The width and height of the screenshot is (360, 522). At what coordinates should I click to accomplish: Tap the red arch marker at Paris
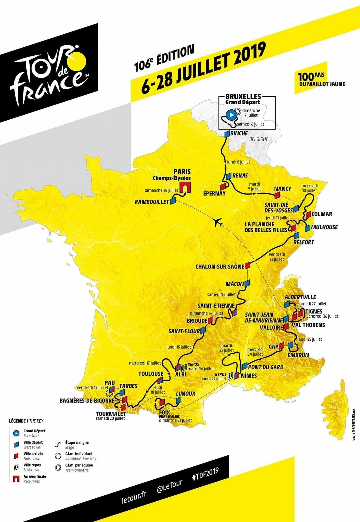[x=185, y=187]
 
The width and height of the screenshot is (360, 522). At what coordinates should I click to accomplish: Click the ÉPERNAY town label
[x=214, y=194]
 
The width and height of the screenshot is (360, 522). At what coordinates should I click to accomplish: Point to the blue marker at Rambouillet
[x=173, y=201]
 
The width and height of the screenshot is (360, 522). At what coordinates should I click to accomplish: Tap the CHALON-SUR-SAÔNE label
[x=220, y=267]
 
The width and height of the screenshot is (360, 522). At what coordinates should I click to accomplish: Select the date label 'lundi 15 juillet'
[x=179, y=347]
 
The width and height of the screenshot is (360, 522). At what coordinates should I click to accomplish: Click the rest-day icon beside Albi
[x=184, y=367]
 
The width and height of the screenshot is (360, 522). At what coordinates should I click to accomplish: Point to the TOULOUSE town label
[x=151, y=374]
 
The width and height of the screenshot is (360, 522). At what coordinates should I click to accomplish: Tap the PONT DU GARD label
[x=265, y=367]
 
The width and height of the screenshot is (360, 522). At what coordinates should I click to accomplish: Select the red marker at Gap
[x=282, y=345]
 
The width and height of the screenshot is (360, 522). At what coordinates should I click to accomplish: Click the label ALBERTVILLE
[x=300, y=297]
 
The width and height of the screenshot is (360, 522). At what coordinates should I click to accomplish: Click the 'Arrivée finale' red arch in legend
[x=16, y=478]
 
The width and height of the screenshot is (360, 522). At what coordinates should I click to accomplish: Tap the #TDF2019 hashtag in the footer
[x=205, y=474]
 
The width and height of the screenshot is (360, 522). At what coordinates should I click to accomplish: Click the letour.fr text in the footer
[x=134, y=497]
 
